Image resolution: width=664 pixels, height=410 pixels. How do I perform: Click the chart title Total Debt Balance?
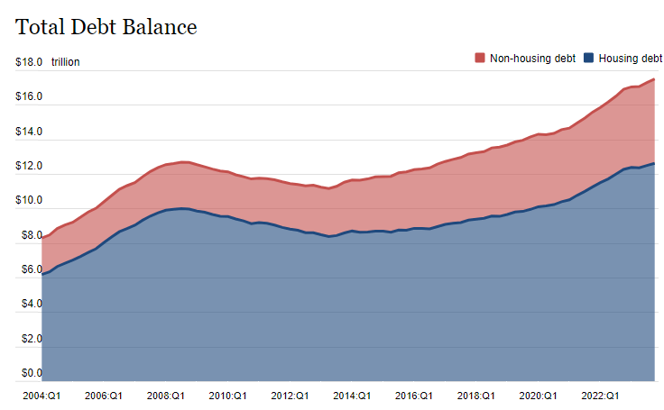click(106, 27)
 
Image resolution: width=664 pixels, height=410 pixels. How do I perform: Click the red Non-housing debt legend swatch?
click(479, 59)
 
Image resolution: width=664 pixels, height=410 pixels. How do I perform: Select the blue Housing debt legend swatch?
click(589, 59)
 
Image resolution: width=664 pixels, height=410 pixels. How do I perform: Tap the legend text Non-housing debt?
click(532, 59)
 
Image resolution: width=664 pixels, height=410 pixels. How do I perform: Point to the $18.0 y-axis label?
click(29, 62)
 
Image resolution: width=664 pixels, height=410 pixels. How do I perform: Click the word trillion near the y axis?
click(66, 62)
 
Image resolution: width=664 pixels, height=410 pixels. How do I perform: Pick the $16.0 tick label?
click(29, 96)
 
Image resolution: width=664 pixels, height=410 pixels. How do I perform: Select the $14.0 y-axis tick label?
click(29, 132)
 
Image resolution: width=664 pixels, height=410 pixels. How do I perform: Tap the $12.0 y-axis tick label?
click(29, 166)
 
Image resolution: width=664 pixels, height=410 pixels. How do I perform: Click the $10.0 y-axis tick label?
click(29, 200)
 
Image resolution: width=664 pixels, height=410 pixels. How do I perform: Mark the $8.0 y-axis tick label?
click(29, 235)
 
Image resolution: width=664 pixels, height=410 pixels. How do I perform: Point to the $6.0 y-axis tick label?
click(29, 269)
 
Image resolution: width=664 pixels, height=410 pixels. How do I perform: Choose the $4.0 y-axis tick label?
click(29, 304)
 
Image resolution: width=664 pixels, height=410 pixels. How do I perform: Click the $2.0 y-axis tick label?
click(29, 339)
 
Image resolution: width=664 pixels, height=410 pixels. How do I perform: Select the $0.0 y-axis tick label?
click(29, 373)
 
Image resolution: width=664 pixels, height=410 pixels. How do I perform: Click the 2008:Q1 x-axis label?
click(165, 396)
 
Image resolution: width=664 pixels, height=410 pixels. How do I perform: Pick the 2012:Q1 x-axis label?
click(290, 396)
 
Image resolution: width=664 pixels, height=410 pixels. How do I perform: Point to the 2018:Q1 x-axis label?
click(475, 396)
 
